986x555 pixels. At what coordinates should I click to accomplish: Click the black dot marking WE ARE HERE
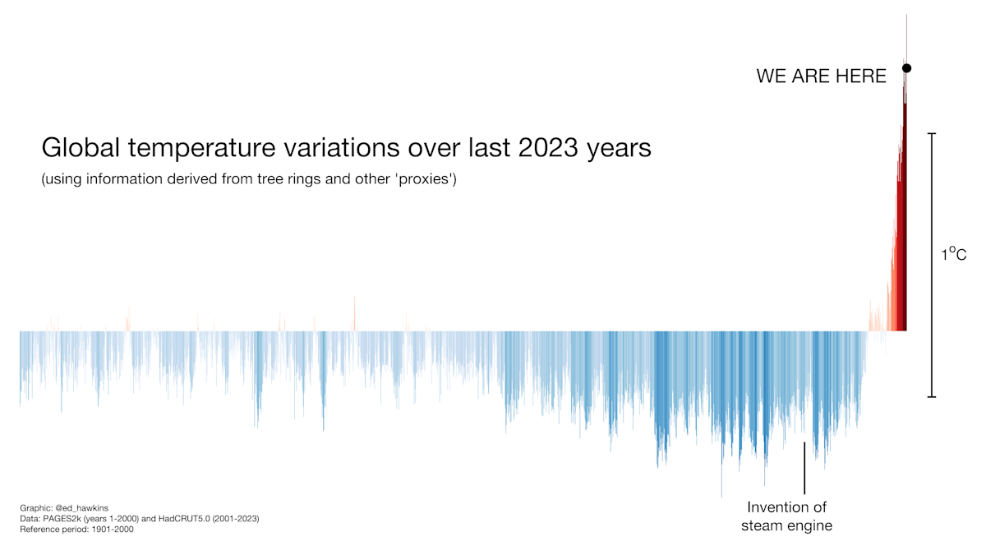click(906, 68)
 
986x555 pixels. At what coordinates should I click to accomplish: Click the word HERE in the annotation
click(859, 76)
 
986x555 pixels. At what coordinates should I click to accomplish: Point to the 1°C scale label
click(953, 255)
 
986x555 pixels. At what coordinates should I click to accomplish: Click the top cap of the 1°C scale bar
click(931, 133)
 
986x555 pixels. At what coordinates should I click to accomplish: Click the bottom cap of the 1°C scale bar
click(931, 397)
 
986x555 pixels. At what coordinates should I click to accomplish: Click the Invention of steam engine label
click(786, 516)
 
